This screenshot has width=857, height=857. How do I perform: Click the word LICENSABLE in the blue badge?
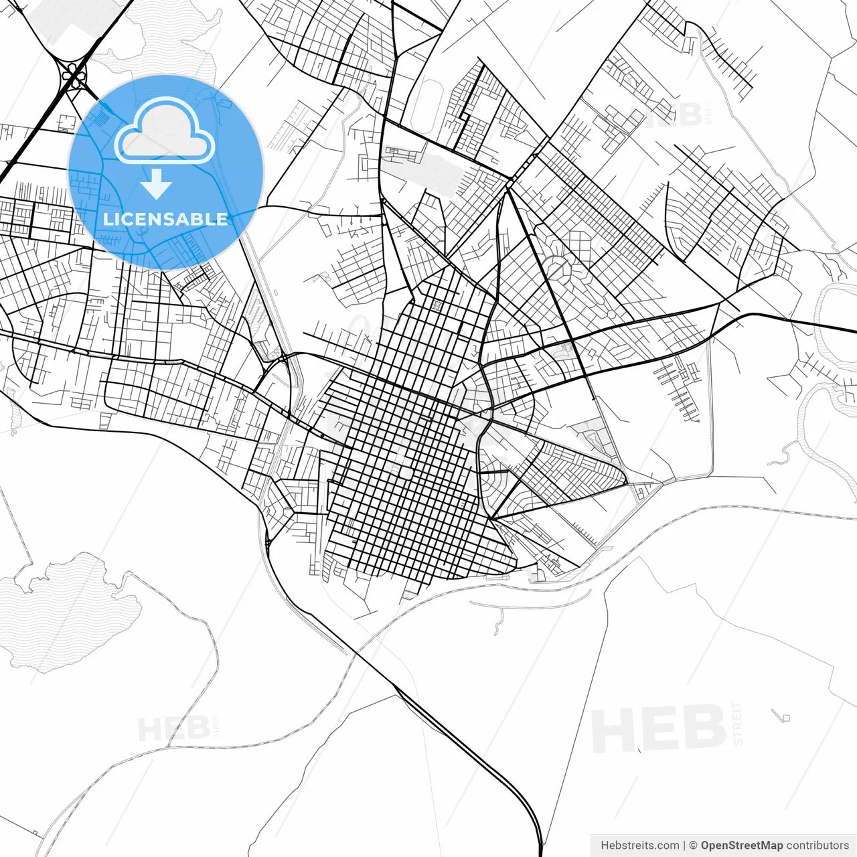pyautogui.click(x=165, y=219)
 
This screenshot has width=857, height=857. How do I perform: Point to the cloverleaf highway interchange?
pyautogui.click(x=74, y=75)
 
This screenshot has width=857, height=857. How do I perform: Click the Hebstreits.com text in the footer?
pyautogui.click(x=639, y=846)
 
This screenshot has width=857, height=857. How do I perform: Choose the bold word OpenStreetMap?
pyautogui.click(x=742, y=846)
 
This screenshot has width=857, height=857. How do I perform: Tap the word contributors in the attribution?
pyautogui.click(x=817, y=846)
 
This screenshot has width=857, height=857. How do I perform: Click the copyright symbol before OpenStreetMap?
pyautogui.click(x=694, y=846)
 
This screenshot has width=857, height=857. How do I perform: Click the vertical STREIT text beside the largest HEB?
pyautogui.click(x=738, y=724)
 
